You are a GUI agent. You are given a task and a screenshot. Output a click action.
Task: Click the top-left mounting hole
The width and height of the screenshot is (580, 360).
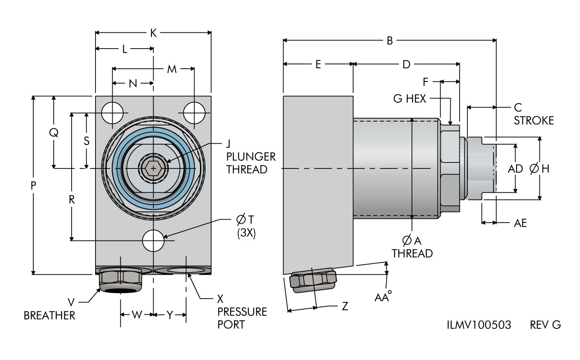(112, 113)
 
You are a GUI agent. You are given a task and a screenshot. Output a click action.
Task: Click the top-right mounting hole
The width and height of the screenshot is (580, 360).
(194, 113)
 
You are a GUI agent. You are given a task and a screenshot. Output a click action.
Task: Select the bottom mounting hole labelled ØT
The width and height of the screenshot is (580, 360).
(153, 241)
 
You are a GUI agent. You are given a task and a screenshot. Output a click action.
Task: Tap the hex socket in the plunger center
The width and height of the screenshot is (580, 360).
(153, 168)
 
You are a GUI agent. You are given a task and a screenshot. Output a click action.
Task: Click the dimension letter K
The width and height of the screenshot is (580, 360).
(153, 33)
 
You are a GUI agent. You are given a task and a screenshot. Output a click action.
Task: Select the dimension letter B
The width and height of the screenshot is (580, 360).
(389, 41)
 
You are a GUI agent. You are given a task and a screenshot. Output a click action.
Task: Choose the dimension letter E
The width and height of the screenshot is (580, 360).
(318, 64)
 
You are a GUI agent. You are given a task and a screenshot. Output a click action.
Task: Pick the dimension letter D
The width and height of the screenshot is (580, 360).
(406, 64)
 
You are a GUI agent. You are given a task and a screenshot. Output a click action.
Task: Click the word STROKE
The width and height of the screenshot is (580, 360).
(534, 121)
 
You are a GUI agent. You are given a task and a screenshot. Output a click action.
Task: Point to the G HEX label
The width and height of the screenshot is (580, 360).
(410, 99)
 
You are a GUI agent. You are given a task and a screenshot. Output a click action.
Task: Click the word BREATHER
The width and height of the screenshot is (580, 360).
(49, 316)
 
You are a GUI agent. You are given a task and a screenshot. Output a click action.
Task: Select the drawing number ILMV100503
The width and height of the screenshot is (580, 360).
(479, 325)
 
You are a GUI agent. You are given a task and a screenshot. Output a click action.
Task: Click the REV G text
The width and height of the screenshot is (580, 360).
(545, 325)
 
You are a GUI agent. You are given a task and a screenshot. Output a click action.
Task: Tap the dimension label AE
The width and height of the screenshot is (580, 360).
(520, 223)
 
